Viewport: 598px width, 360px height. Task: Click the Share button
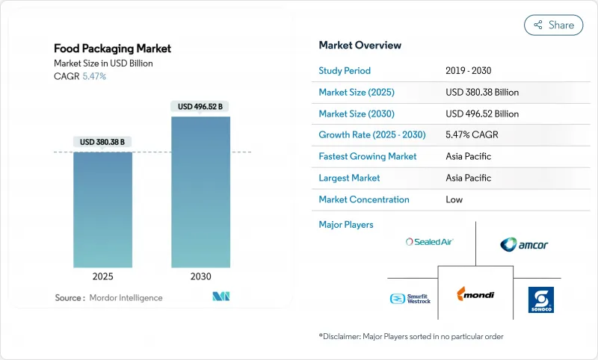[553, 25]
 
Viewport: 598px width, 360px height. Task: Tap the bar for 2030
[200, 192]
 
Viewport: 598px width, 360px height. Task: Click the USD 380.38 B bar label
[102, 142]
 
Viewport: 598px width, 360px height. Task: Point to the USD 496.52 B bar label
[200, 107]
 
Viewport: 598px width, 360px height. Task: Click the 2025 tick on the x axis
[102, 276]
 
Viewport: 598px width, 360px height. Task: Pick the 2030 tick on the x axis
[200, 276]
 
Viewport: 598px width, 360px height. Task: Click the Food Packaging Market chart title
[112, 49]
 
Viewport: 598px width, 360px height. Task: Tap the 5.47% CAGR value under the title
[93, 77]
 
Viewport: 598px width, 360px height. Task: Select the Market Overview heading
[360, 45]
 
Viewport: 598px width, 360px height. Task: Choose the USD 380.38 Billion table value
[481, 93]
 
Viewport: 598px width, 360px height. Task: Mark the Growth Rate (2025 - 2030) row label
[371, 135]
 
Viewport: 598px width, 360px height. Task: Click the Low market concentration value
[454, 199]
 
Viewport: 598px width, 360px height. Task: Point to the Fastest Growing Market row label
[368, 157]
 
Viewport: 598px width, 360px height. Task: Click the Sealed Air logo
[429, 241]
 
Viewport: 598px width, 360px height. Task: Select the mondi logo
[475, 294]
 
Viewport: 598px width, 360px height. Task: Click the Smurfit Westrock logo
[410, 299]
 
